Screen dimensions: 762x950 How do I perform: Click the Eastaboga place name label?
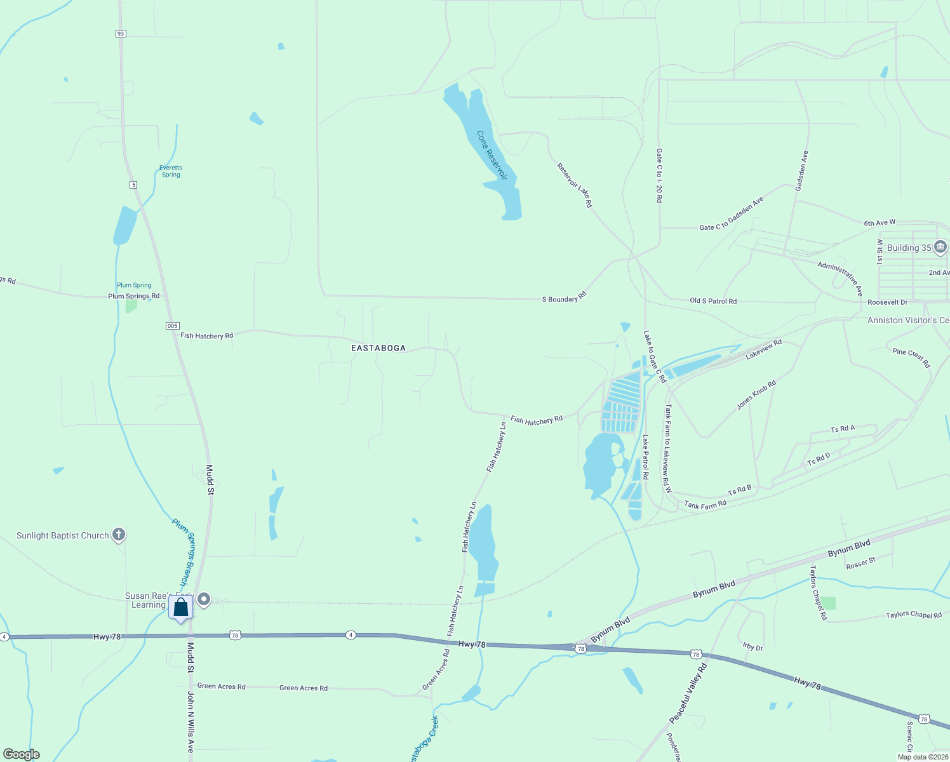point(378,348)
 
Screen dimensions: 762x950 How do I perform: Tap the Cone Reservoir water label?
point(492,155)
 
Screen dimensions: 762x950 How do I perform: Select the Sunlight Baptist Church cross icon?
point(119,535)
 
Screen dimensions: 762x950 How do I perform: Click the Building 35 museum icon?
point(940,247)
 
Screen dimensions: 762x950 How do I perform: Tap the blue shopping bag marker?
point(181,608)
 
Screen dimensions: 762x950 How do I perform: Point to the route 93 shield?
point(121,34)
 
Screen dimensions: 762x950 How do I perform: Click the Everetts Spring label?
point(171,171)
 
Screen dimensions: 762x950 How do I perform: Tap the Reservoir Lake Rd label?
point(575,185)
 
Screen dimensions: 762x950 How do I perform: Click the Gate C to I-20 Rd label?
point(659,176)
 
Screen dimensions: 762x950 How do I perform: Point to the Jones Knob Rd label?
point(756,395)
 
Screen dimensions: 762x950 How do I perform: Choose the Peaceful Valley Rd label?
point(688,694)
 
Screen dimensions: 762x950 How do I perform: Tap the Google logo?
point(22,754)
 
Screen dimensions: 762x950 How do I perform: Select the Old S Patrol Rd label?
point(713,301)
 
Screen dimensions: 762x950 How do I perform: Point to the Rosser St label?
point(860,563)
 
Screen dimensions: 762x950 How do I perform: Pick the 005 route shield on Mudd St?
point(172,326)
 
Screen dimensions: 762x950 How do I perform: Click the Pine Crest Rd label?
point(911,358)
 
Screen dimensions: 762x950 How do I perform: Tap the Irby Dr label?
point(753,646)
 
